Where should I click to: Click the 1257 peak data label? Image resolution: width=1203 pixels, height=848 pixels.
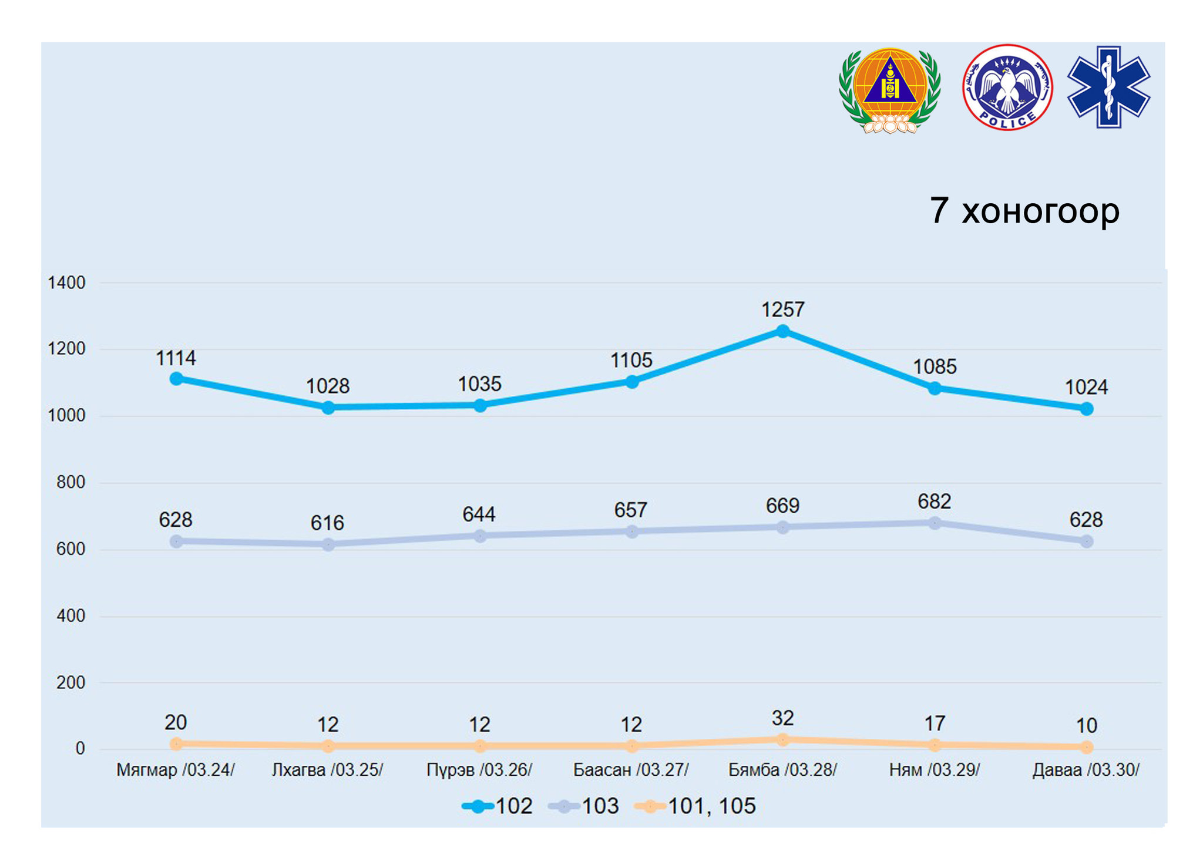[x=782, y=309]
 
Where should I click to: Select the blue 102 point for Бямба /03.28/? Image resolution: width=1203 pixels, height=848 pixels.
[x=782, y=331]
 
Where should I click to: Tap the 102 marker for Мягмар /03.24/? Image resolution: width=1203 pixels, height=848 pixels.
[x=176, y=379]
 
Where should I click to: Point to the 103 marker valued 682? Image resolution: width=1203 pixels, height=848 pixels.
[x=935, y=523]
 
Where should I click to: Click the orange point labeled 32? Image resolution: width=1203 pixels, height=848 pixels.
[x=782, y=739]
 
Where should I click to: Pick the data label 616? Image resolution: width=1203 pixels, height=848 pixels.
[x=327, y=523]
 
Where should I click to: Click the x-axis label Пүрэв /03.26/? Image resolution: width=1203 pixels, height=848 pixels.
[x=479, y=770]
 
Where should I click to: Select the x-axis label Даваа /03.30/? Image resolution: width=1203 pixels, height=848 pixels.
[x=1086, y=770]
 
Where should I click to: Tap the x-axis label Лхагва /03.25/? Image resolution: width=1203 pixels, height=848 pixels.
[x=327, y=770]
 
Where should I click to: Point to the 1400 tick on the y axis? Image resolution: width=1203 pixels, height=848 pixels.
[x=66, y=283]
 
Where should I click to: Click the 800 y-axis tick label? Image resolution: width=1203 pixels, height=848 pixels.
[x=70, y=483]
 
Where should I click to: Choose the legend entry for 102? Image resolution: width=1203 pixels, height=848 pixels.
[x=498, y=806]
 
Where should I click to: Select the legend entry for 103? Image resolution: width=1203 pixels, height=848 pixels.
[x=584, y=806]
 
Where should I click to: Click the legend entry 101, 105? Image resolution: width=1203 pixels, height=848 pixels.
[x=695, y=806]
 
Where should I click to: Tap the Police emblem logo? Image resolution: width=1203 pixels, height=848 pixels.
[x=1007, y=88]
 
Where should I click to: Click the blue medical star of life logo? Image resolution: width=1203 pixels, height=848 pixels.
[x=1108, y=87]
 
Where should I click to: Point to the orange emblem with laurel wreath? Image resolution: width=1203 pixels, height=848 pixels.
[x=890, y=90]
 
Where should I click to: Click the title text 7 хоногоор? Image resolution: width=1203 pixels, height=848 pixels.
[x=1024, y=210]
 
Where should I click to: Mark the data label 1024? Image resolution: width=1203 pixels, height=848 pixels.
[x=1086, y=388]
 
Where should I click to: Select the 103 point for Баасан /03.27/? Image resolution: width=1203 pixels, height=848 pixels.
[x=631, y=531]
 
